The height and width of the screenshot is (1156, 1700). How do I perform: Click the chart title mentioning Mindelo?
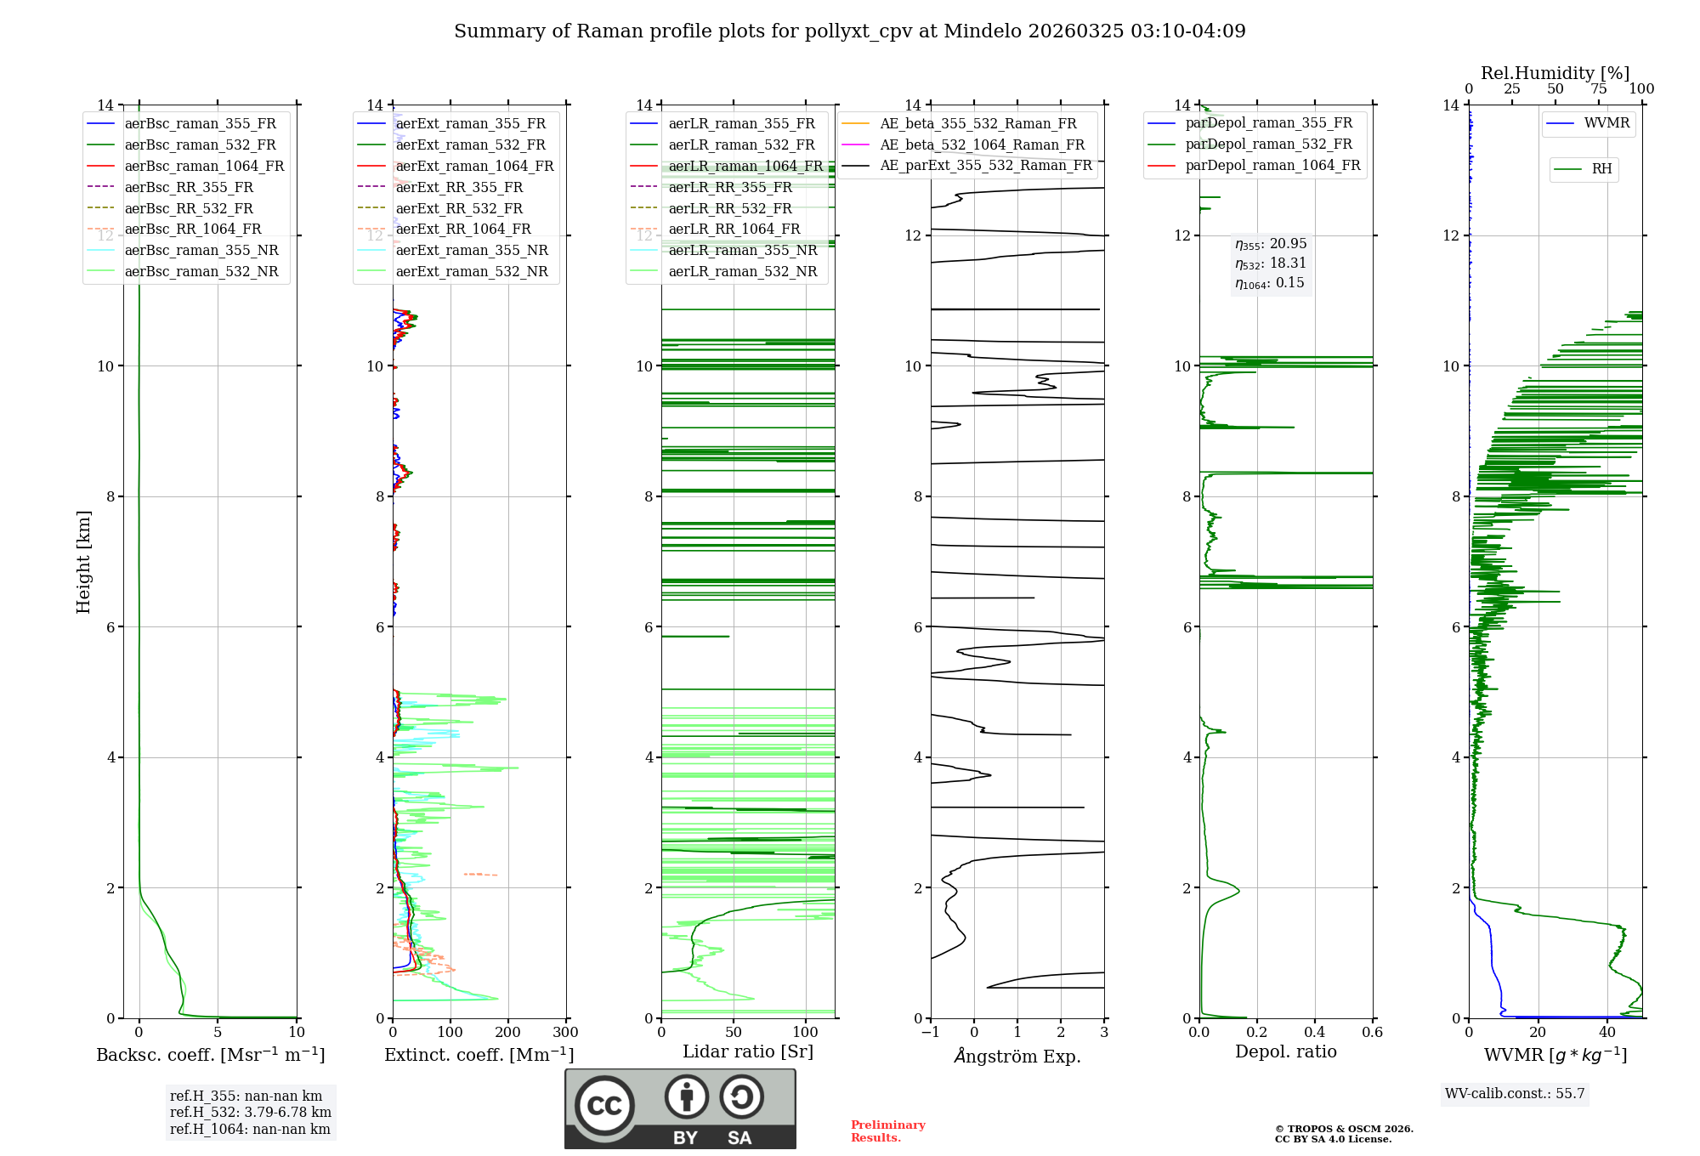[849, 31]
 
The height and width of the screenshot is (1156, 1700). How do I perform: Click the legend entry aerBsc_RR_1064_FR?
[193, 229]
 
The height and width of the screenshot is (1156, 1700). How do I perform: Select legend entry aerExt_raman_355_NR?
[472, 251]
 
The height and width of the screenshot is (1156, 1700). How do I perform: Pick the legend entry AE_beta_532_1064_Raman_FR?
[982, 145]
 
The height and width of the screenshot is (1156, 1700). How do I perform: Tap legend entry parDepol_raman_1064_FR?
[1272, 166]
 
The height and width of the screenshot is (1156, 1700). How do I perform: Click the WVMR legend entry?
[1606, 123]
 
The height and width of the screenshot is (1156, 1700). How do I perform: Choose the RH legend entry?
[1601, 169]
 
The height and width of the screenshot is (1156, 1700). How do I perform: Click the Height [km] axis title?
[83, 562]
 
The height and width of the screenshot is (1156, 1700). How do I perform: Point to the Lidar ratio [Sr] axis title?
[748, 1052]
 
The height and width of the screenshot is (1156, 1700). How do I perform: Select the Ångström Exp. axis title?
[1017, 1057]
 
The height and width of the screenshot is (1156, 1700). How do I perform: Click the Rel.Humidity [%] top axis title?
[1555, 73]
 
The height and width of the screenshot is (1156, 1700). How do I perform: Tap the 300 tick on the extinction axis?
[565, 1033]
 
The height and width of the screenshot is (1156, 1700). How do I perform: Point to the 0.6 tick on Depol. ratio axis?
[1372, 1033]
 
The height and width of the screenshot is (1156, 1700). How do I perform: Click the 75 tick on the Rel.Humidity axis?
[1599, 89]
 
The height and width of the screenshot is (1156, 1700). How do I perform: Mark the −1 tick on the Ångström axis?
[931, 1033]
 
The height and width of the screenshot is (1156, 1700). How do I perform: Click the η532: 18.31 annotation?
[1271, 263]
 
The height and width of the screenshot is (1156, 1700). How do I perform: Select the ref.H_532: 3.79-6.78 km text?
[251, 1113]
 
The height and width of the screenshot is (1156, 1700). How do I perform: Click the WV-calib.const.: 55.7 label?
[1515, 1094]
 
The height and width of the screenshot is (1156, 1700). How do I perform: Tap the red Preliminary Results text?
[887, 1131]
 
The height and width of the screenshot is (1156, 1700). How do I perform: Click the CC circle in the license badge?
[604, 1106]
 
